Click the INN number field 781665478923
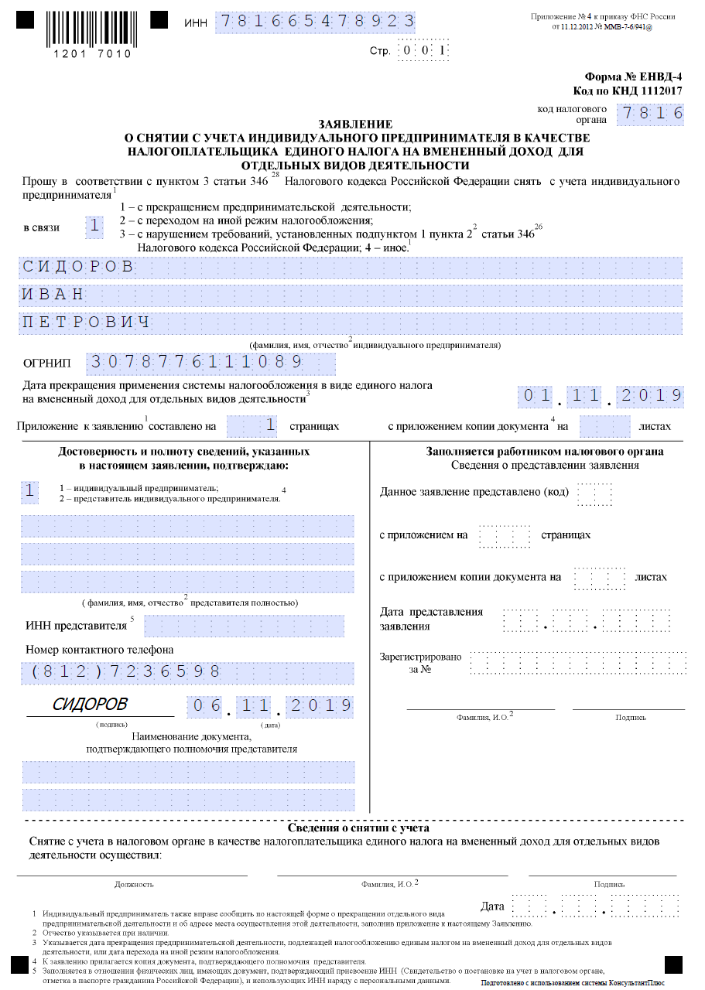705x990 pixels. pyautogui.click(x=314, y=22)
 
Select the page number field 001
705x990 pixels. pyautogui.click(x=423, y=52)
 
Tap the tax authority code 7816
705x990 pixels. pyautogui.click(x=650, y=114)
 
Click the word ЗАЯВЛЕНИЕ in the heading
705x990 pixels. pyautogui.click(x=355, y=124)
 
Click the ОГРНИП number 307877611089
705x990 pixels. pyautogui.click(x=197, y=363)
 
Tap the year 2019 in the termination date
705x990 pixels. pyautogui.click(x=651, y=396)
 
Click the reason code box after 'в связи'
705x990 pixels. pyautogui.click(x=94, y=226)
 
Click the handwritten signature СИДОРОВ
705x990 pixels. pyautogui.click(x=90, y=704)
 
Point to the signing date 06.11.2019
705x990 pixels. pyautogui.click(x=270, y=705)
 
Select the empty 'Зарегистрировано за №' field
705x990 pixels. pyautogui.click(x=577, y=662)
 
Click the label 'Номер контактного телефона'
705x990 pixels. pyautogui.click(x=99, y=649)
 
